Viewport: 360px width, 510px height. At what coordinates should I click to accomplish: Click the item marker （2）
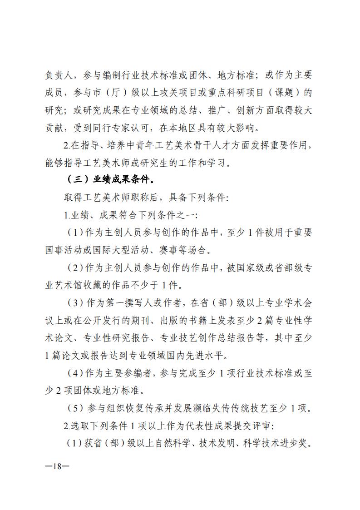coord(75,268)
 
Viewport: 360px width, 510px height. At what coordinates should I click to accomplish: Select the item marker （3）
coord(75,303)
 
